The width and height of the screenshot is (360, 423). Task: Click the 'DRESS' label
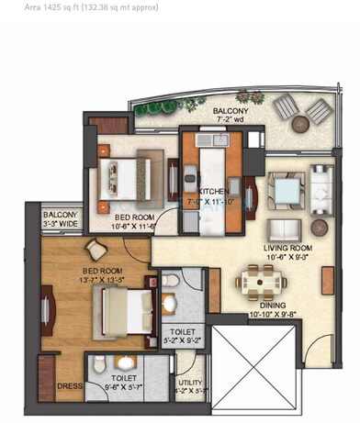(x=64, y=386)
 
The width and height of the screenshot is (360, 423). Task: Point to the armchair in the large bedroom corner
(x=96, y=248)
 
